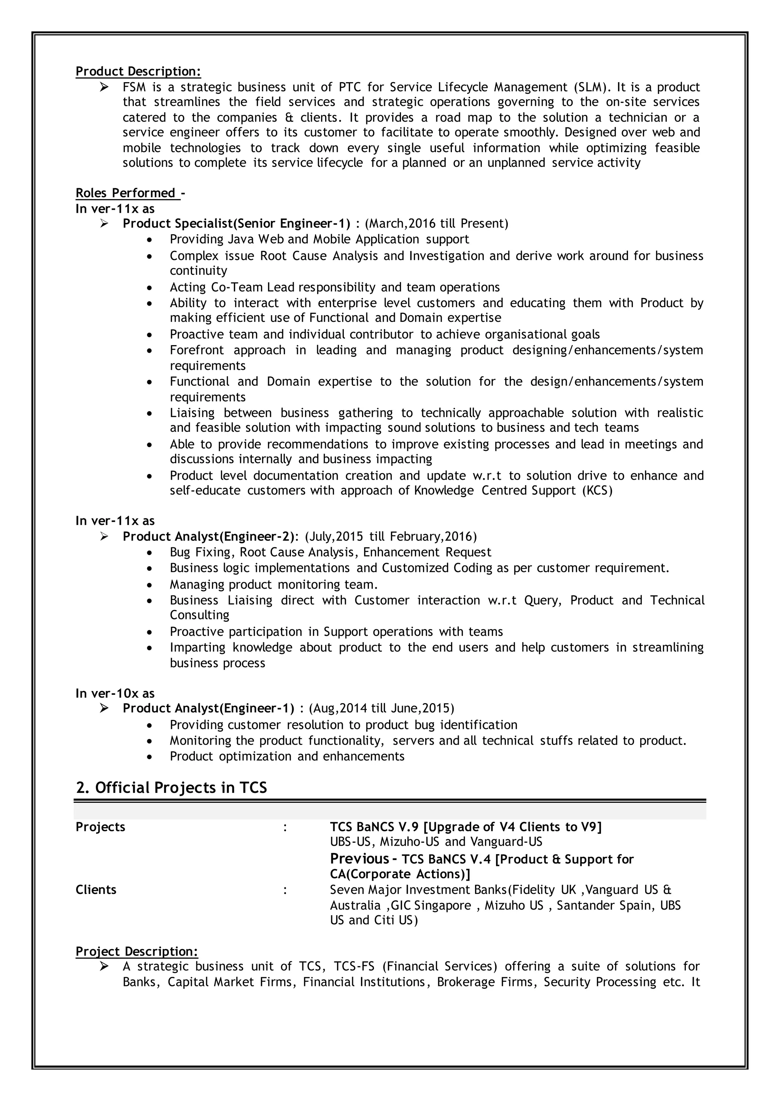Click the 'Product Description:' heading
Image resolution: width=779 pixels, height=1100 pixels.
pos(138,71)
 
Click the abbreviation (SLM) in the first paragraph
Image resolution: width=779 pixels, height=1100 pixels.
pos(592,87)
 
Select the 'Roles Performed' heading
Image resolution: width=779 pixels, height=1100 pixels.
pos(126,193)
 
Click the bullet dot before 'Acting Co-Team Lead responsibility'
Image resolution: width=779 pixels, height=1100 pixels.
pos(150,288)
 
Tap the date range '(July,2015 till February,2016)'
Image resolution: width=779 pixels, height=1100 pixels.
pos(391,536)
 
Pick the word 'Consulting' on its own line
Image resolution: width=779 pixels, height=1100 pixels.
pos(200,615)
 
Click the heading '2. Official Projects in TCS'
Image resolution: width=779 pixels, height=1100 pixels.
pos(171,788)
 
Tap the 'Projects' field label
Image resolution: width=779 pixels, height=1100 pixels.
pos(100,827)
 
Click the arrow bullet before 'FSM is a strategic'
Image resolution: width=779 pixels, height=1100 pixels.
pos(105,87)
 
